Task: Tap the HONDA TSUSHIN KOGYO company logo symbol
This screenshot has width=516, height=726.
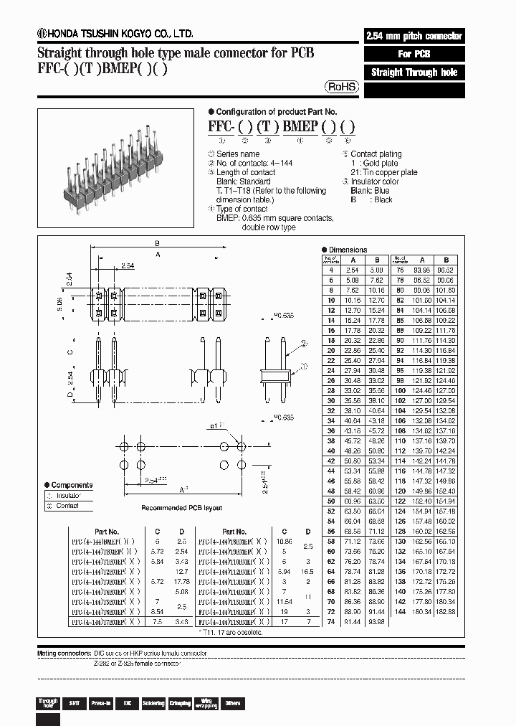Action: click(x=42, y=33)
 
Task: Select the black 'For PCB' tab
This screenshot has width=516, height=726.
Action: click(x=414, y=55)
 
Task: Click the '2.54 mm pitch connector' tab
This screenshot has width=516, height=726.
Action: click(x=414, y=36)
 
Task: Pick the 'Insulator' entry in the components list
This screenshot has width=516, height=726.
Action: click(x=68, y=496)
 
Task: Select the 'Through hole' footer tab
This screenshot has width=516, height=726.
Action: click(x=48, y=703)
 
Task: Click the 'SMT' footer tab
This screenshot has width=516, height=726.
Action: click(x=74, y=703)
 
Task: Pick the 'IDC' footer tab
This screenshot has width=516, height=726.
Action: click(x=126, y=703)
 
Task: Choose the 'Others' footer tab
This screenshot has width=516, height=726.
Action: click(x=233, y=703)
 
